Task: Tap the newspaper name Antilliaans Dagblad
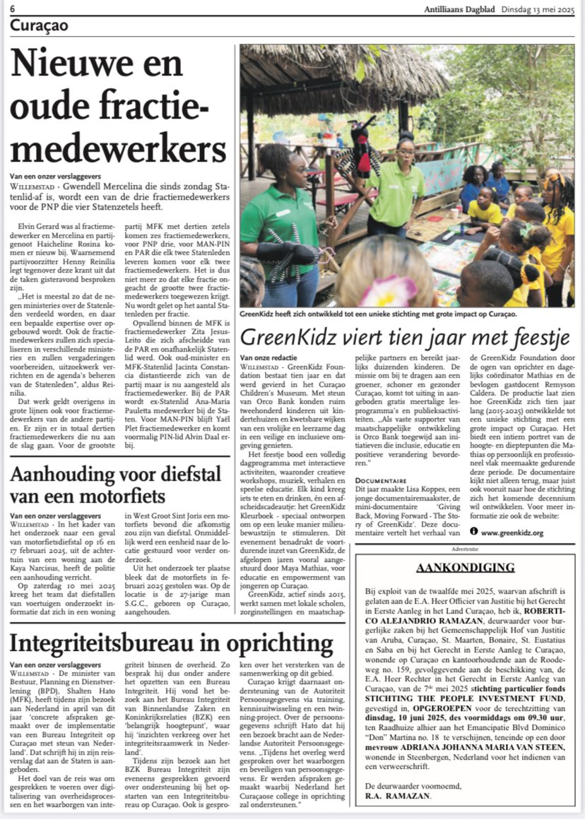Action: (x=462, y=9)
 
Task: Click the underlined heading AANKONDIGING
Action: (x=465, y=568)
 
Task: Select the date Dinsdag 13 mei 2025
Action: (x=539, y=9)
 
